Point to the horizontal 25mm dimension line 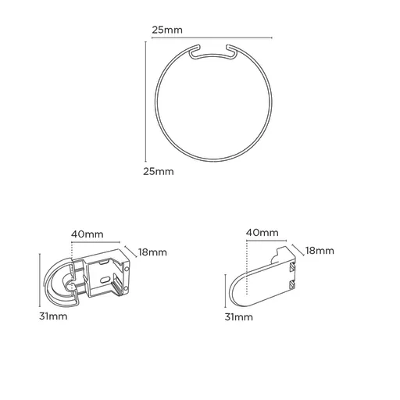(211, 37)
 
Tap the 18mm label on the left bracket (152, 252)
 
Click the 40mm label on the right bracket (261, 233)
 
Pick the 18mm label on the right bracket (320, 251)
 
